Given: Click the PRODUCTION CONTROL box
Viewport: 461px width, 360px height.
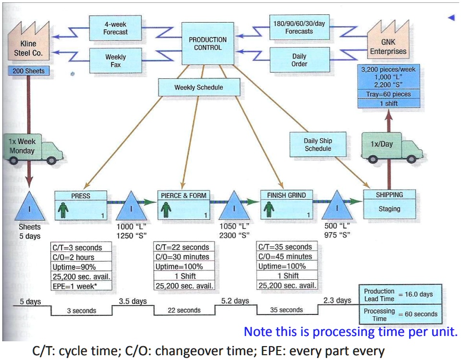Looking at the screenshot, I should (207, 43).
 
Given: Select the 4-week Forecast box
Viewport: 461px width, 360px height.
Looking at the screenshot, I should (115, 28).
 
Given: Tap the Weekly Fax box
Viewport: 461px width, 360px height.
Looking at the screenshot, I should (115, 61).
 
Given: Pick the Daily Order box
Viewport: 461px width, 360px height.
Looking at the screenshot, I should (299, 60).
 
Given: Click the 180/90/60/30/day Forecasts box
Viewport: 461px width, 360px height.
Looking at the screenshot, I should (299, 27).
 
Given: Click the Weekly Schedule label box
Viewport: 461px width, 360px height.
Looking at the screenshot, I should (198, 88).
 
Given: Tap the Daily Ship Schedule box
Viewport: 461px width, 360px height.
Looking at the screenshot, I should (317, 144).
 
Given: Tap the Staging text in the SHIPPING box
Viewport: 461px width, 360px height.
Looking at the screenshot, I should (389, 209).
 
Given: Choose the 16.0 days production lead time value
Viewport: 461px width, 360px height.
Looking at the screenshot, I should (419, 294).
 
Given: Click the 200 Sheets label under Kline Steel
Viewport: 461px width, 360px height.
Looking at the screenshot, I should (28, 71).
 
